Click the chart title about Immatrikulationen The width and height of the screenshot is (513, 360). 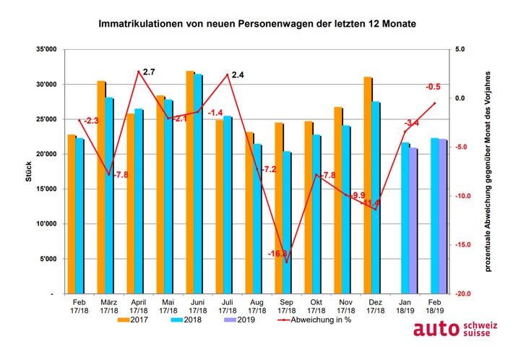coord(257,24)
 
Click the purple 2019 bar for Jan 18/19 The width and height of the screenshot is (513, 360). coord(413,220)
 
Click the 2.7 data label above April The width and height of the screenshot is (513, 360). coord(150,72)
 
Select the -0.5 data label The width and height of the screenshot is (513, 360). coord(434,86)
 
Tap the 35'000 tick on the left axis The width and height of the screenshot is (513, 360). coord(49,49)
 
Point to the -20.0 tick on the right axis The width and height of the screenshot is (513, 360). coord(462,294)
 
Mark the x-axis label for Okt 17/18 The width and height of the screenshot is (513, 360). coord(316,306)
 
